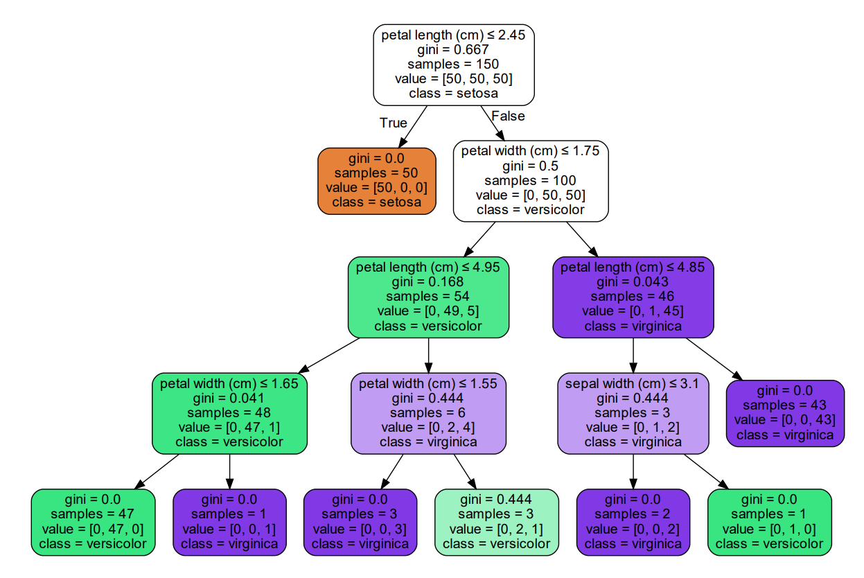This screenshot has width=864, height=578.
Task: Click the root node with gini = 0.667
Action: [454, 64]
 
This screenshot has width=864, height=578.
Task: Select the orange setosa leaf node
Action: [376, 180]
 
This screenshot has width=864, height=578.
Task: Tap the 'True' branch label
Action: [393, 123]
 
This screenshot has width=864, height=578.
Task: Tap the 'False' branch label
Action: [508, 116]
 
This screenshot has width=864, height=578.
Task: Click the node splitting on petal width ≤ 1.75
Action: [530, 180]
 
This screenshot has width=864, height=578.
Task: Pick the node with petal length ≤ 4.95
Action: [428, 297]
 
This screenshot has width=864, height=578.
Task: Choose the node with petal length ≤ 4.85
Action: [633, 297]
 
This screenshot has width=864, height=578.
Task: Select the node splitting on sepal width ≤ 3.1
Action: [633, 413]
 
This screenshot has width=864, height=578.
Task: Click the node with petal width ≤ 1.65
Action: [229, 413]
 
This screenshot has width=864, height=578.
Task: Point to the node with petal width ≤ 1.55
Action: [428, 413]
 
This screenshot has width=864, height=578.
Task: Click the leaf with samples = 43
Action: [785, 413]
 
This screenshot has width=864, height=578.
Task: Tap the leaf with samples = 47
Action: [93, 522]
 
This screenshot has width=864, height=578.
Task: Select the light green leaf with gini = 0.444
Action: [496, 522]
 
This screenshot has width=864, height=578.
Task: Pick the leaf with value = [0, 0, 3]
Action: [360, 522]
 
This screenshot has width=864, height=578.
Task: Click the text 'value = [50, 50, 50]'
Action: [454, 78]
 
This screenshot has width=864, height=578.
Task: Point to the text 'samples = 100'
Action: [530, 181]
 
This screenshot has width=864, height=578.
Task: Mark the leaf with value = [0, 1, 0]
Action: [769, 522]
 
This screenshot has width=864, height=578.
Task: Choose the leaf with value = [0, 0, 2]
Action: [633, 522]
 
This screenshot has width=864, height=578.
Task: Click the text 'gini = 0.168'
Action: [428, 282]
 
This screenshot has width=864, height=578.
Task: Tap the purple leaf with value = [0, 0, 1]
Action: [229, 522]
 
